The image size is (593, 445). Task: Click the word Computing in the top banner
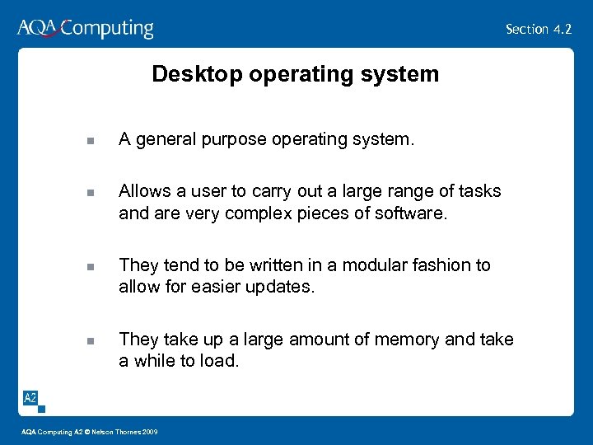[108, 29]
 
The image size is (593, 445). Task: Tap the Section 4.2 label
[539, 29]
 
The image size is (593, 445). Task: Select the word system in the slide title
[406, 75]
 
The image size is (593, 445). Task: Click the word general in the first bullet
[165, 140]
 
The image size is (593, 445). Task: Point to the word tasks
[480, 191]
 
